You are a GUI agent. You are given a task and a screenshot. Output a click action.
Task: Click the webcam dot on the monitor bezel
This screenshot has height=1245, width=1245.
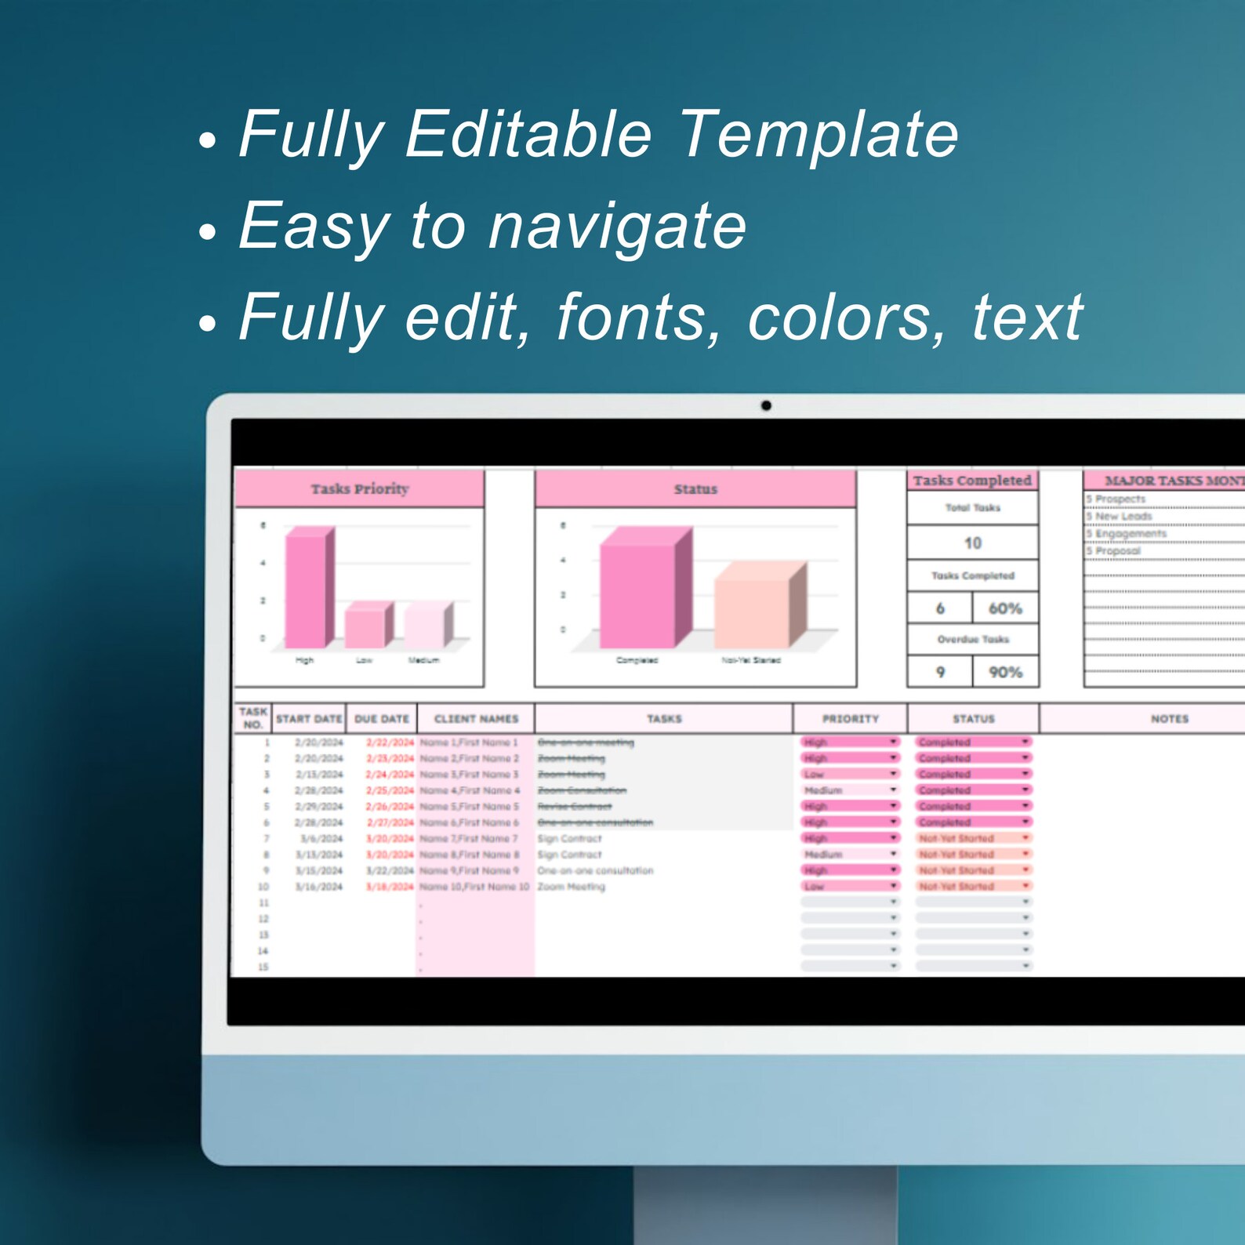click(x=766, y=405)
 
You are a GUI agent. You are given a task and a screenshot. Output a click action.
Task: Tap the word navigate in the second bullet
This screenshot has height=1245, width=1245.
click(x=617, y=226)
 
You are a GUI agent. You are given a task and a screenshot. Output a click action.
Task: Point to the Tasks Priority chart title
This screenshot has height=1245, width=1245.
click(x=360, y=489)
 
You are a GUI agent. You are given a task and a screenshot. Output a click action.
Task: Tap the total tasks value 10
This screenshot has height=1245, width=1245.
click(x=973, y=543)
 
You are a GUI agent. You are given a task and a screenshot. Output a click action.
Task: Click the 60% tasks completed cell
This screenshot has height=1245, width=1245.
click(x=1005, y=608)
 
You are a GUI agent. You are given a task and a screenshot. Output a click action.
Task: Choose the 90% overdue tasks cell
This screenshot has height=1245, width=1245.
click(x=1005, y=672)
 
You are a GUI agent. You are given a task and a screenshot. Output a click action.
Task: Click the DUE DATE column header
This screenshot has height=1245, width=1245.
click(x=382, y=719)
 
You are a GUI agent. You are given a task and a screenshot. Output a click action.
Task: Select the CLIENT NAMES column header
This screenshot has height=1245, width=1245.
click(x=476, y=719)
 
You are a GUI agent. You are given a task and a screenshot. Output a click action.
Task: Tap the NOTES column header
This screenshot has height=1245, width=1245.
click(x=1169, y=719)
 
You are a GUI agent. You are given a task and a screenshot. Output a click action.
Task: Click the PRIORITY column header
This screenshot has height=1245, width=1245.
click(x=851, y=719)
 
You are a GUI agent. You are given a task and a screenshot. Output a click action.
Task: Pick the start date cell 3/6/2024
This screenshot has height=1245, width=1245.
click(x=321, y=839)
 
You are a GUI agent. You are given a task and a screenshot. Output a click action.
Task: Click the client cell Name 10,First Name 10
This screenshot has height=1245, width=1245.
click(x=474, y=887)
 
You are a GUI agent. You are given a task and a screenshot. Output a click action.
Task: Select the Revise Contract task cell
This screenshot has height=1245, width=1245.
click(x=575, y=807)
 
